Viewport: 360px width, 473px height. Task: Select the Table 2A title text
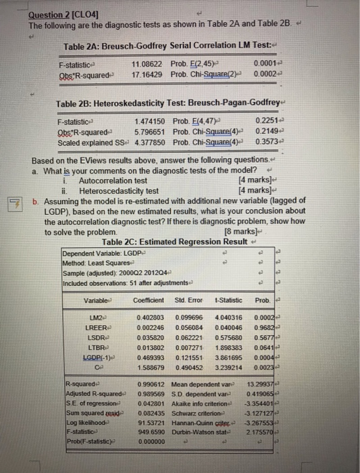pos(155,45)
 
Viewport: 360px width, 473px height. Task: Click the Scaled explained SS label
pos(89,142)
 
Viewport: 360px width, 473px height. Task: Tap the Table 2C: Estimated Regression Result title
pos(170,241)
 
